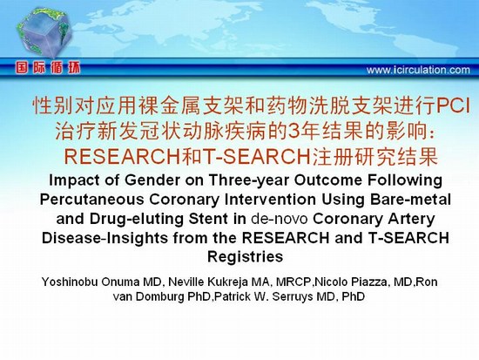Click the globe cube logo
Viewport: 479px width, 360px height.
[x=44, y=33]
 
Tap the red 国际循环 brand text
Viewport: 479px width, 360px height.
[x=48, y=68]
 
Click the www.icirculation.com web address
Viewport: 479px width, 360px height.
[x=418, y=70]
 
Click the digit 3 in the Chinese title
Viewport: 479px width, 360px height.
[x=293, y=132]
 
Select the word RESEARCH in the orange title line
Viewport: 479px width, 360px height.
[x=122, y=157]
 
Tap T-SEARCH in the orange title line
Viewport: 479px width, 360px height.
[x=257, y=157]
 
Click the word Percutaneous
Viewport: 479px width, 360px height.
[x=92, y=200]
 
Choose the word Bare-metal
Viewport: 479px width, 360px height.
[x=410, y=200]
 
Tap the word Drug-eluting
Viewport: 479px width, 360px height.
[x=137, y=219]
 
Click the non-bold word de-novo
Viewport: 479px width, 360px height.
[x=280, y=219]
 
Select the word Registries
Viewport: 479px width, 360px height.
[x=246, y=257]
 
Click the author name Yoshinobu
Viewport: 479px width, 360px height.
[x=70, y=282]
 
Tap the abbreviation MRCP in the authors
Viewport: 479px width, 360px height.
[x=293, y=282]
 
